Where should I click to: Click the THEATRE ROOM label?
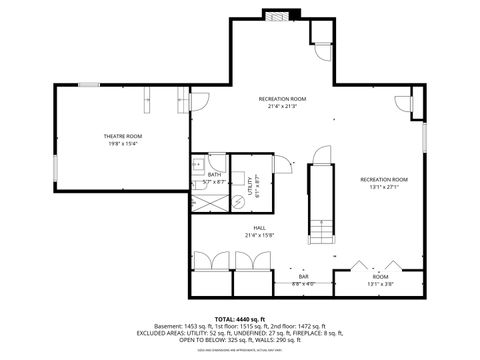coord(123,136)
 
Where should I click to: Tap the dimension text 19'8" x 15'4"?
coord(123,144)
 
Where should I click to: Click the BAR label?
coord(304,277)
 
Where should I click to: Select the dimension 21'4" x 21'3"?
coord(282,106)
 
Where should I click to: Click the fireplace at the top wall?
coord(276,14)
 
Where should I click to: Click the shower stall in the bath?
coord(206,199)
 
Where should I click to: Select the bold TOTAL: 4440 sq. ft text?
coord(239,318)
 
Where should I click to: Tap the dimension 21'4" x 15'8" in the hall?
coord(259,236)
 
